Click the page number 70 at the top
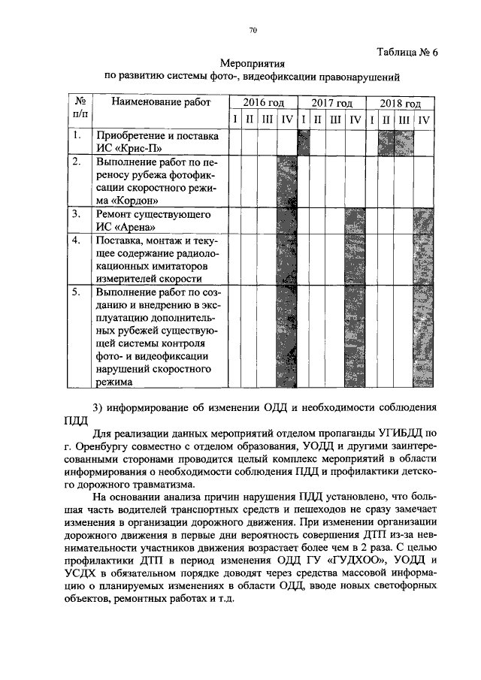253,30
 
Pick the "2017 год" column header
331,103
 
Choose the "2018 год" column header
400,103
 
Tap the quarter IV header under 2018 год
424,119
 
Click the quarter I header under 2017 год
303,119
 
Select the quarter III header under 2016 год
268,119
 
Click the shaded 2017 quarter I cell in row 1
304,142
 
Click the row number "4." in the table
77,240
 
